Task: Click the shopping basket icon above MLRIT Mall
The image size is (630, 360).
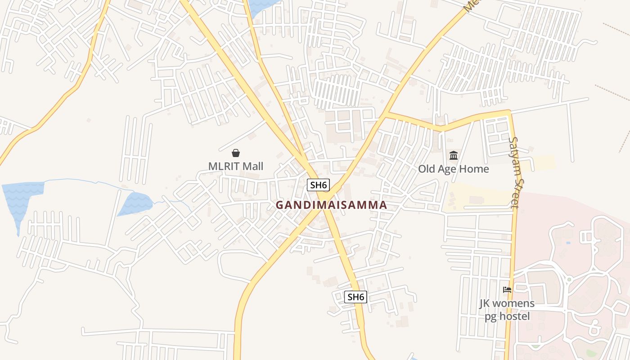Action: point(235,153)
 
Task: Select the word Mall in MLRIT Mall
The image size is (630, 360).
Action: point(252,166)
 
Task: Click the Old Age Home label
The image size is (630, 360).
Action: point(453,169)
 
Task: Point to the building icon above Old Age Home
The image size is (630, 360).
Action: point(454,156)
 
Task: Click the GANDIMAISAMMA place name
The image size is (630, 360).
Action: point(331,205)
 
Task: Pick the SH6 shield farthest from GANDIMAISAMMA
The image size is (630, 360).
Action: point(355,297)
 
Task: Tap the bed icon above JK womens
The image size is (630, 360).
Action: point(507,290)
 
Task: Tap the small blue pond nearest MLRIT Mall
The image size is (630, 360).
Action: point(136,203)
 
